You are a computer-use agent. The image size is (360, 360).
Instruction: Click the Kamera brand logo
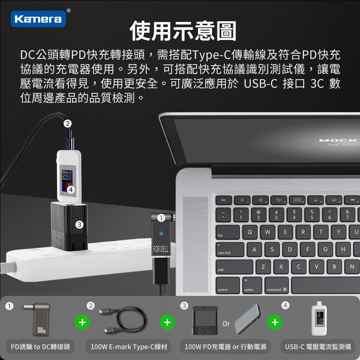[38, 19]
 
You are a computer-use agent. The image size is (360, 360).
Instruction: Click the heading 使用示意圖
[183, 31]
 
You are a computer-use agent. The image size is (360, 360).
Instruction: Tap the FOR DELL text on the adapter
[161, 249]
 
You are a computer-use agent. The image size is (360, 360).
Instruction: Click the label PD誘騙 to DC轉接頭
[40, 347]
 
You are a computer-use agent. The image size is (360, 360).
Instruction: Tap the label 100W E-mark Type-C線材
[129, 347]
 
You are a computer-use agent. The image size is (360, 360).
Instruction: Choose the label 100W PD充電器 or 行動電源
[225, 347]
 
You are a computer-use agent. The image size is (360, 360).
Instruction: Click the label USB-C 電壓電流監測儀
[318, 347]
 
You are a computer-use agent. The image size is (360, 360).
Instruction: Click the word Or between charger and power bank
[226, 324]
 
